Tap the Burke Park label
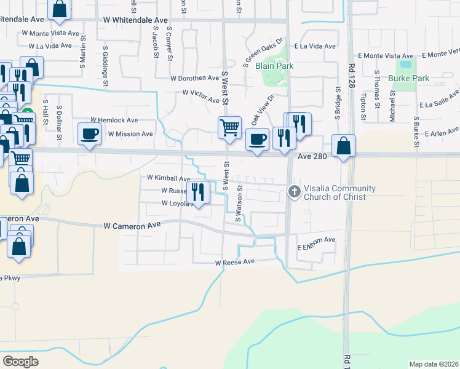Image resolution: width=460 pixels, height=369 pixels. (x=408, y=78)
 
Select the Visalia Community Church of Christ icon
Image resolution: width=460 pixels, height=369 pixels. (x=294, y=192)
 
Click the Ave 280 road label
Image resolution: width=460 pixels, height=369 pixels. (x=311, y=157)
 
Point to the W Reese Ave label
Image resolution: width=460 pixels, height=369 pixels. (x=234, y=263)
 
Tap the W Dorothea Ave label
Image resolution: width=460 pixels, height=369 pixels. (x=195, y=78)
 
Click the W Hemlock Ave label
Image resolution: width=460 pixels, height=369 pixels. (x=114, y=120)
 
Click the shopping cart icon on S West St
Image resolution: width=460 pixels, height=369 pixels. (x=229, y=127)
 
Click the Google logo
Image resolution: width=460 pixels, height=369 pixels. (x=20, y=362)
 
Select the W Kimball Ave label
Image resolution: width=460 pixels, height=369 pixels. (x=169, y=178)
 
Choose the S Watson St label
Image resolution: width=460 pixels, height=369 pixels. (x=240, y=204)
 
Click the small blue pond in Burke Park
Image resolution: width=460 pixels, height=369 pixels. (x=405, y=63)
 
